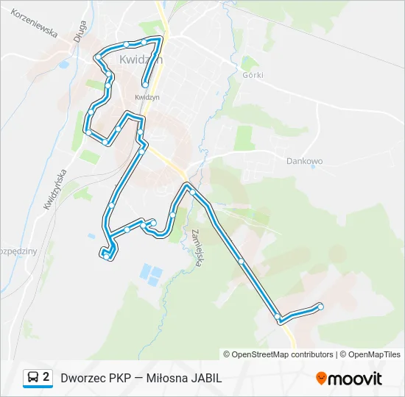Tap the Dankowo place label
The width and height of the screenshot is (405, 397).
(x=304, y=160)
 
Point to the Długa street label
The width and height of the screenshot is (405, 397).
(x=80, y=36)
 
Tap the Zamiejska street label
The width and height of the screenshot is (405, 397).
(x=197, y=248)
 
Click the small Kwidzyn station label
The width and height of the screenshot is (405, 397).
(x=147, y=96)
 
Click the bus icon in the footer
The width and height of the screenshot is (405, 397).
(x=32, y=378)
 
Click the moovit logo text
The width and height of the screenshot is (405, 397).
(x=355, y=379)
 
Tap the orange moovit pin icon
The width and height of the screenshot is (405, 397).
(x=321, y=378)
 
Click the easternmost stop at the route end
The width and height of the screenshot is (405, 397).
(x=320, y=306)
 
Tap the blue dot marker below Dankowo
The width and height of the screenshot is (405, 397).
(x=313, y=166)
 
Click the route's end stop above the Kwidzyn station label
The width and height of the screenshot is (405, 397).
(x=146, y=85)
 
